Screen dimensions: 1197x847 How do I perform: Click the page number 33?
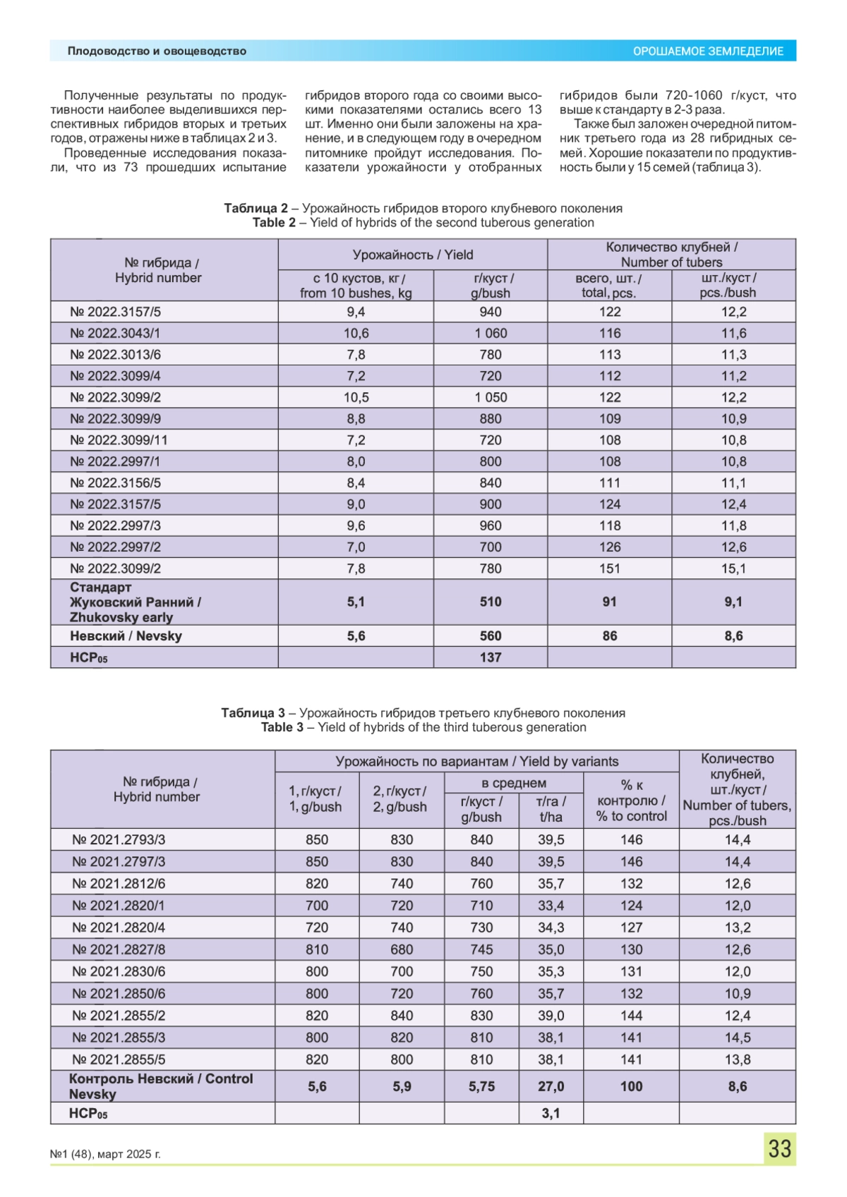click(x=779, y=1148)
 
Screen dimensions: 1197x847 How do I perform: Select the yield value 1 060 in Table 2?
click(x=491, y=333)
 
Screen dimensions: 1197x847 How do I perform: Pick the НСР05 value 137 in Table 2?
click(x=491, y=657)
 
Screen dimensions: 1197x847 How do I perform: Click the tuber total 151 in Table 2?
click(x=610, y=569)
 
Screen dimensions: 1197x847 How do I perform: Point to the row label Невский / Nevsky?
click(x=126, y=636)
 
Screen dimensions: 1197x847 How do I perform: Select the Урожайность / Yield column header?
click(x=413, y=255)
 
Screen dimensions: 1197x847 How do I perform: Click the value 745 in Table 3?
click(x=481, y=949)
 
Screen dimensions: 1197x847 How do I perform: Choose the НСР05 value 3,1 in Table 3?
click(x=551, y=1113)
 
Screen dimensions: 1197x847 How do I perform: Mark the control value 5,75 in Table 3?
click(x=481, y=1086)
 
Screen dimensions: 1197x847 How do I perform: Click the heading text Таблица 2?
click(x=256, y=208)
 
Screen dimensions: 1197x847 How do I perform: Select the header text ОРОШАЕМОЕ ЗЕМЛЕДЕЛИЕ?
click(x=708, y=51)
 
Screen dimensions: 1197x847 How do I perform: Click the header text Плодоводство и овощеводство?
click(x=157, y=51)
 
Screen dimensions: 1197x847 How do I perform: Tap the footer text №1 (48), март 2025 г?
click(x=105, y=1154)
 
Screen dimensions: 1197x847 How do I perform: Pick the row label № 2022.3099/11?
click(x=119, y=440)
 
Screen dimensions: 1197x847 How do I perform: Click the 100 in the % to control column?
click(x=631, y=1086)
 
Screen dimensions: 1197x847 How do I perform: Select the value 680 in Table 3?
click(x=402, y=949)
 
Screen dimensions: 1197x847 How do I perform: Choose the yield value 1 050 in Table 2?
click(x=491, y=397)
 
